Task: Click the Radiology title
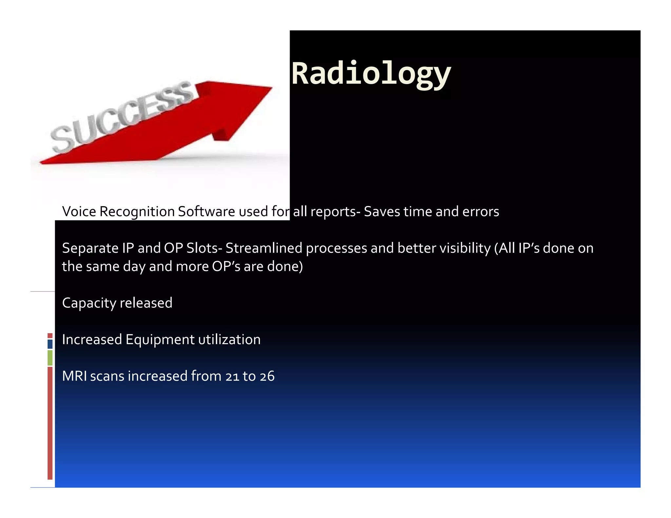[371, 74]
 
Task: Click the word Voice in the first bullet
[79, 212]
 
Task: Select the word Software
[206, 212]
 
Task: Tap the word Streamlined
[263, 248]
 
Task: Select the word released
[146, 303]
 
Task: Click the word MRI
[74, 376]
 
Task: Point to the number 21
[232, 377]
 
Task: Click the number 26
[267, 377]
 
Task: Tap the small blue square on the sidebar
[50, 344]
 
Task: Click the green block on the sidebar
[50, 358]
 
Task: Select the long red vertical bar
[50, 422]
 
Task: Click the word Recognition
[137, 212]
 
